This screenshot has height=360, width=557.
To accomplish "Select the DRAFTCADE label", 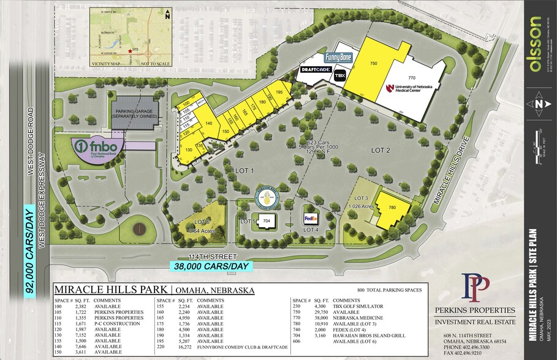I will (x=316, y=70).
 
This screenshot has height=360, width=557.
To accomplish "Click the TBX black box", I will (x=340, y=75).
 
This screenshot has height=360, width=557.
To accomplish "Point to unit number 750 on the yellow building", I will (x=373, y=63).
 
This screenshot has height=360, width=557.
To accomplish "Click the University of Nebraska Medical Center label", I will (x=409, y=89).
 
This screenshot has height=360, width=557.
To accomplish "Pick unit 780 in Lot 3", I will (x=392, y=208).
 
